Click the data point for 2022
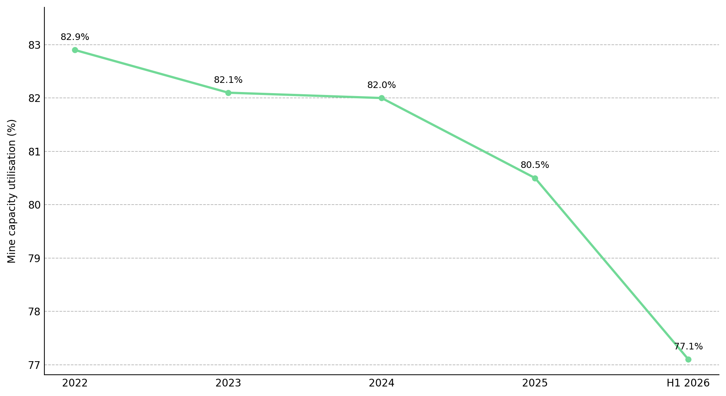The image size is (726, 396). tap(75, 50)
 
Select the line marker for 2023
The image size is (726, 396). tap(228, 93)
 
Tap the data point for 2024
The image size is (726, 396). tap(382, 98)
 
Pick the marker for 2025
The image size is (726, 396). tap(535, 178)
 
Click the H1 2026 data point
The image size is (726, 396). tap(688, 359)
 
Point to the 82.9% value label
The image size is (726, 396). tap(75, 37)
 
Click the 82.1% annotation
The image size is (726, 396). tap(228, 80)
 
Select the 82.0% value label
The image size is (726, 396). tap(382, 85)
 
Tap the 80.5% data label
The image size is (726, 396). tap(535, 165)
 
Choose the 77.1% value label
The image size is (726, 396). tap(688, 346)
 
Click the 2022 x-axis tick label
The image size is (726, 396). tap(75, 383)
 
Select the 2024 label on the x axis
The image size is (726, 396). tap(382, 383)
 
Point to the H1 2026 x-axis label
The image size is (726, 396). tap(688, 383)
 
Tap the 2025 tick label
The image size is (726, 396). tap(535, 383)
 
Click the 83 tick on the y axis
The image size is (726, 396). tap(34, 45)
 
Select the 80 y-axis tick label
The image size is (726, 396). tap(34, 205)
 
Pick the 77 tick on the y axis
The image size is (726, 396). tap(34, 365)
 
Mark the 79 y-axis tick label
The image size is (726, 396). tap(34, 258)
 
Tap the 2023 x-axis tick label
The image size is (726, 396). tap(228, 383)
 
